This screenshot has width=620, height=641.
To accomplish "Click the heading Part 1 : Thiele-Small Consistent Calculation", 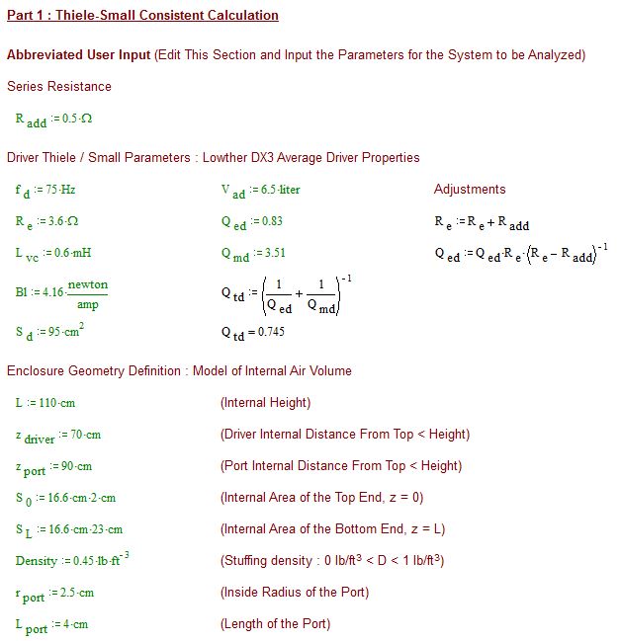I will [x=142, y=16].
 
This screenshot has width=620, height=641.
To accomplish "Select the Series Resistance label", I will [x=58, y=87].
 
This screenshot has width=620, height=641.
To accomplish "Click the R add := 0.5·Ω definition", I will [x=53, y=120].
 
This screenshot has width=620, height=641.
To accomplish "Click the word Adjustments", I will [x=470, y=190].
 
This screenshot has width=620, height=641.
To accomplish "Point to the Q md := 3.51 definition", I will [x=253, y=254].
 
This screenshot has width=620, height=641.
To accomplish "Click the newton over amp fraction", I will [x=93, y=294].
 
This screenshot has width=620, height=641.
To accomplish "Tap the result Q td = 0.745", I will [x=252, y=333].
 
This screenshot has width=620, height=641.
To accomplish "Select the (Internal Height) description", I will [x=265, y=403].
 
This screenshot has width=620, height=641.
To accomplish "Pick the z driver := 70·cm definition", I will [x=57, y=436].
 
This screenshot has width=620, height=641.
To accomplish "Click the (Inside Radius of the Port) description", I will [x=294, y=593].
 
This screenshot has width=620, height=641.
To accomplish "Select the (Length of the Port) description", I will [x=275, y=624].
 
